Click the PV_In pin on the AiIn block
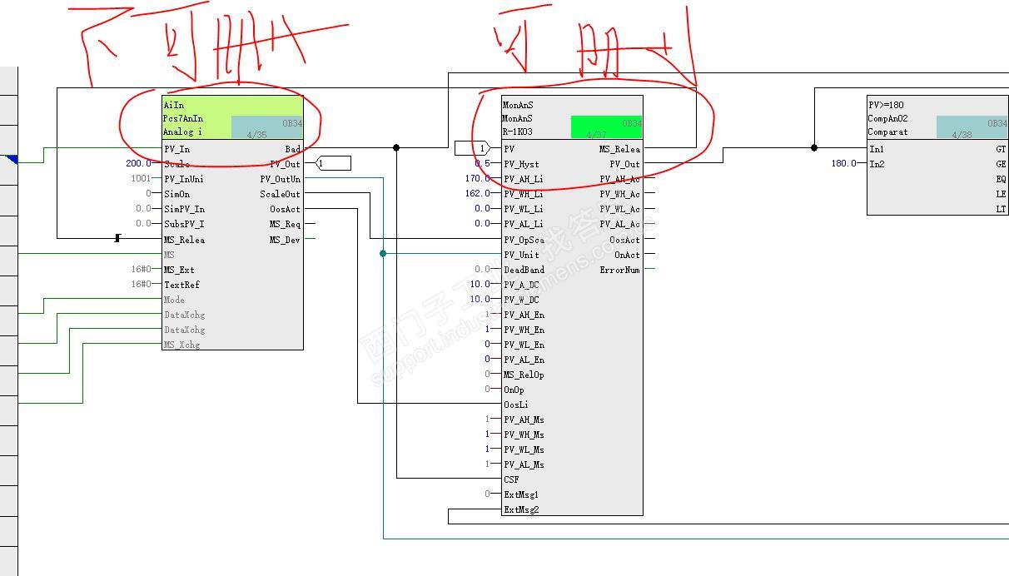(176, 149)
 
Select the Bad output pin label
(292, 149)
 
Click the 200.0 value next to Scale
(139, 164)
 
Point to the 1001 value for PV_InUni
(141, 179)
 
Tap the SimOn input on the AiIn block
(176, 194)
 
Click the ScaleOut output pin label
(280, 194)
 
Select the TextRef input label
(181, 285)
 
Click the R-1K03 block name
(518, 132)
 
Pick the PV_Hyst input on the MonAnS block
(521, 164)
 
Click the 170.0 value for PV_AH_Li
(478, 179)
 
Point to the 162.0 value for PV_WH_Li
(478, 194)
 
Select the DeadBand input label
(524, 270)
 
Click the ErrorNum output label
(619, 270)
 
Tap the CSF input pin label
(511, 479)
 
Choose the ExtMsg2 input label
(521, 509)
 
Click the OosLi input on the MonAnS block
(516, 405)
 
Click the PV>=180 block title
(886, 106)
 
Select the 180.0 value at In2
(843, 164)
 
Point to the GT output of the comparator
(1001, 149)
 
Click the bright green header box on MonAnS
(606, 127)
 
